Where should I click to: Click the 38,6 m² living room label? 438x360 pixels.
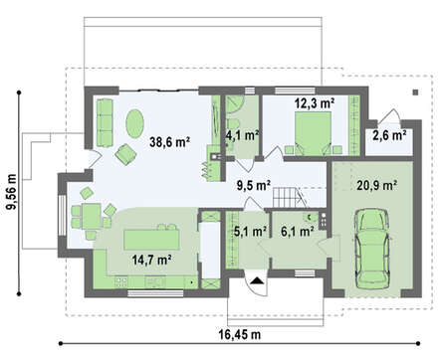(x=169, y=142)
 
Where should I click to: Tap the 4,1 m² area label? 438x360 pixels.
(x=241, y=133)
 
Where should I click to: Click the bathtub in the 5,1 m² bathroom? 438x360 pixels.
(x=212, y=249)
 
